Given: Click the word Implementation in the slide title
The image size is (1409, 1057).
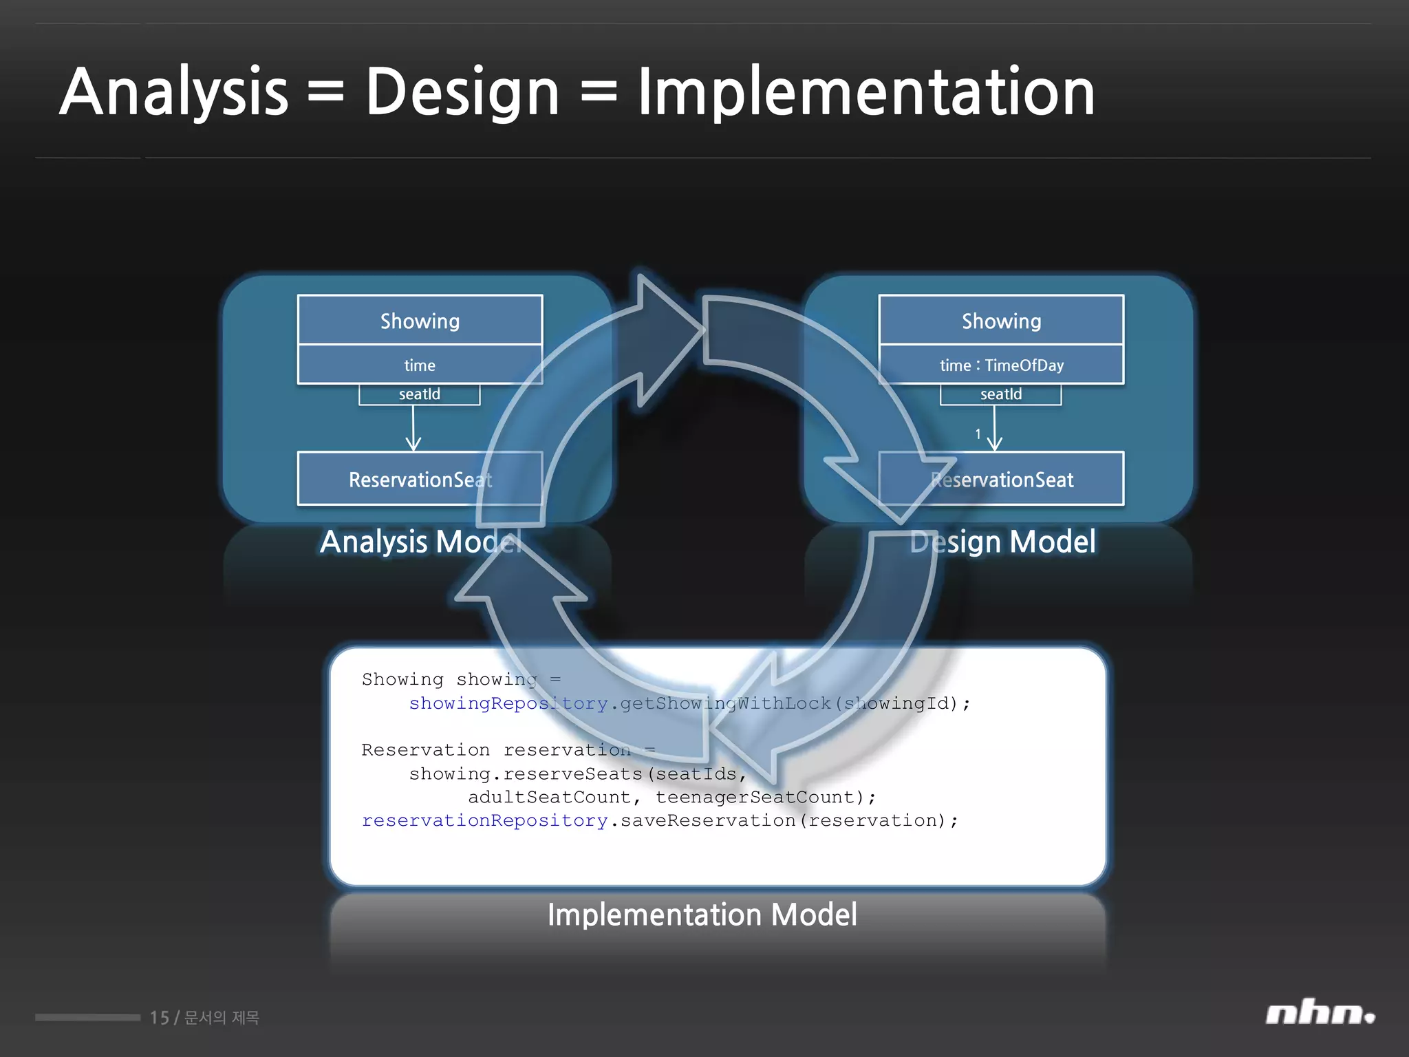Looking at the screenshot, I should (865, 93).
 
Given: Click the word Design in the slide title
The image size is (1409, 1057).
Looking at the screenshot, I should (462, 93).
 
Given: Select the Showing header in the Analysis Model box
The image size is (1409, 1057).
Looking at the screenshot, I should (420, 321).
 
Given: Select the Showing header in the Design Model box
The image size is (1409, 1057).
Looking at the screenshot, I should (1001, 321).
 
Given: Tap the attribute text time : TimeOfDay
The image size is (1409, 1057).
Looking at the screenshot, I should (1001, 365).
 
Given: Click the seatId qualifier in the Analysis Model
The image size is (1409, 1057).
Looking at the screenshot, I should (419, 394).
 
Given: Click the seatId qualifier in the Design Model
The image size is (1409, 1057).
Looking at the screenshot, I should (1000, 394).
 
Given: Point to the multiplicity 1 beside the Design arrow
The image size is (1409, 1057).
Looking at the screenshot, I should (978, 434).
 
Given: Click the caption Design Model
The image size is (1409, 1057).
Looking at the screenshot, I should (1003, 542).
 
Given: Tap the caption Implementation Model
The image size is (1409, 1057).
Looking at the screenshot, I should (702, 915).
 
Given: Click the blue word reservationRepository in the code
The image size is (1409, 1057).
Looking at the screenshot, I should (484, 820).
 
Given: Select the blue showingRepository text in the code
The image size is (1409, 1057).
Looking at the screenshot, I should (508, 703).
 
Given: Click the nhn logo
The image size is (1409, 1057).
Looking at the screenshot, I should (1319, 1014).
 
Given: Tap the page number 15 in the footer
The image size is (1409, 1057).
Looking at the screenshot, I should (159, 1018).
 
